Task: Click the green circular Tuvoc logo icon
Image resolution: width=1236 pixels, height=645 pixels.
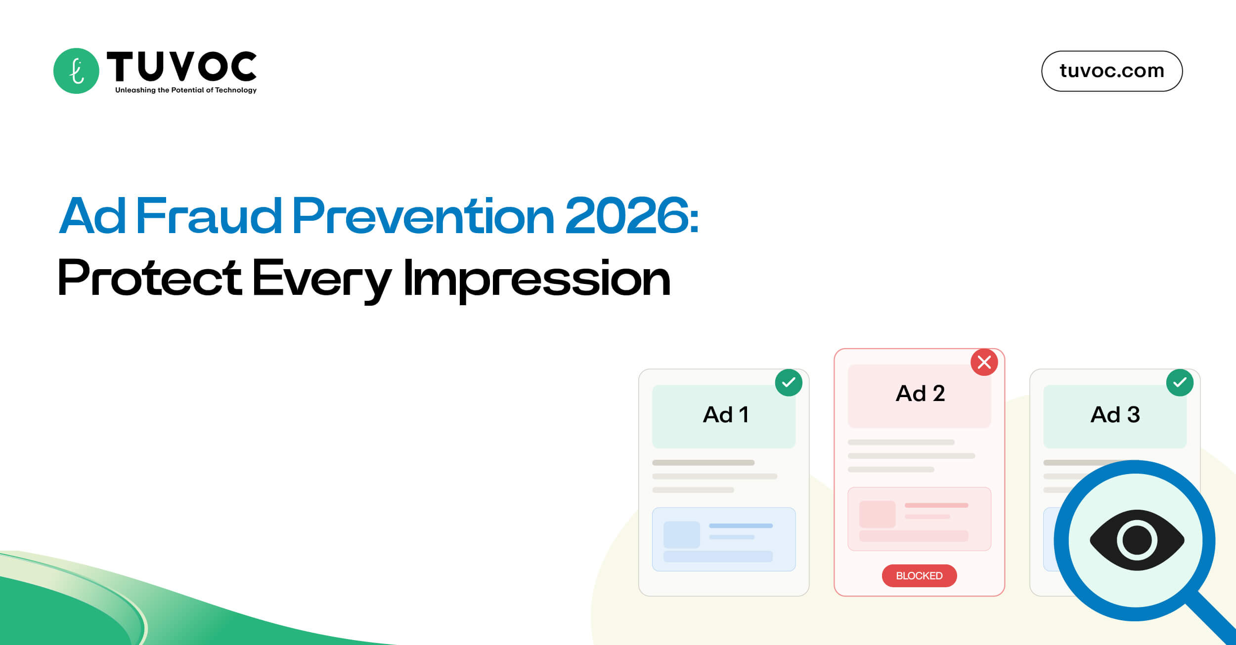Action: pyautogui.click(x=76, y=71)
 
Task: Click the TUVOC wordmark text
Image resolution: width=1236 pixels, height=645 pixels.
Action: pyautogui.click(x=181, y=66)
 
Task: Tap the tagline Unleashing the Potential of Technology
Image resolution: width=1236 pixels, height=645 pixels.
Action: pyautogui.click(x=186, y=90)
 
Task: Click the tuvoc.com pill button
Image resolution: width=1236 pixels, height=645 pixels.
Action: pyautogui.click(x=1111, y=71)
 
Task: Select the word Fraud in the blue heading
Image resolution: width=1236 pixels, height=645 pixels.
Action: pyautogui.click(x=208, y=216)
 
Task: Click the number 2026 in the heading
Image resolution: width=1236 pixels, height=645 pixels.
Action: pyautogui.click(x=627, y=216)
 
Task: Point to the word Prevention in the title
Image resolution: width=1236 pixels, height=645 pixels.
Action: pyautogui.click(x=423, y=216)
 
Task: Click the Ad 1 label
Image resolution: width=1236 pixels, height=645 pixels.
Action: pyautogui.click(x=726, y=414)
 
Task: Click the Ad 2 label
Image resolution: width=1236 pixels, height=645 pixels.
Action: pyautogui.click(x=920, y=394)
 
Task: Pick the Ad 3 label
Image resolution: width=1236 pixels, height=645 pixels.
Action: pyautogui.click(x=1115, y=414)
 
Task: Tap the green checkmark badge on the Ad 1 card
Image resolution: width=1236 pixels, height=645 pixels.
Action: pyautogui.click(x=789, y=383)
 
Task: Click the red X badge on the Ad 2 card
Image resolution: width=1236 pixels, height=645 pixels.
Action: pyautogui.click(x=984, y=362)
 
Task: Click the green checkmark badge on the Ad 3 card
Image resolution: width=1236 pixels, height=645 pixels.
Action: pyautogui.click(x=1180, y=383)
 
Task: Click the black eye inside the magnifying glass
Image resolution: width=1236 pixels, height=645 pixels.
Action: pyautogui.click(x=1137, y=540)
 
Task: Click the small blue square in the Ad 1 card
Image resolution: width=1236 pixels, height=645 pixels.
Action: pyautogui.click(x=681, y=534)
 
